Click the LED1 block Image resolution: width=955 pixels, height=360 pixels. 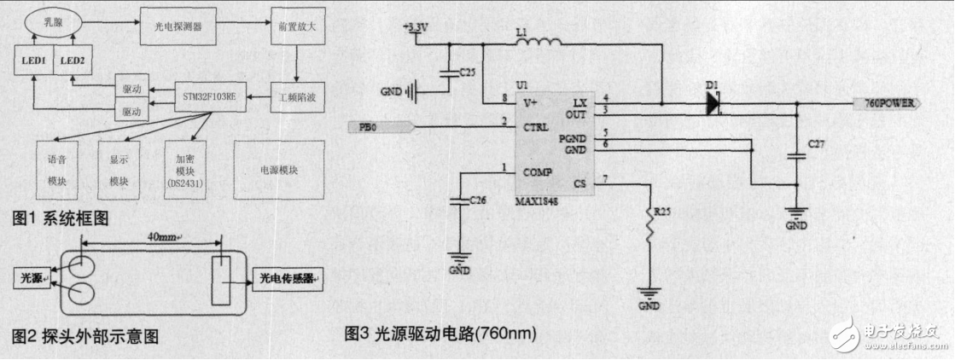(x=32, y=61)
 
